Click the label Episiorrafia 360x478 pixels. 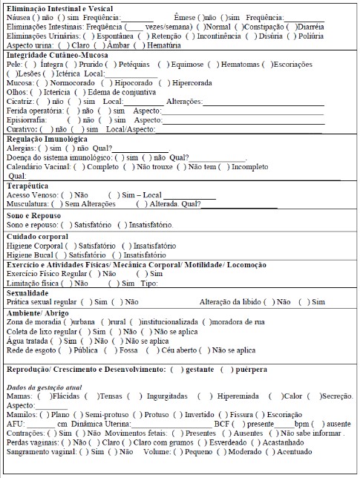click(x=27, y=119)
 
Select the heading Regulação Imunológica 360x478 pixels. click(x=47, y=138)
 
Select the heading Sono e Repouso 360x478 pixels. click(x=34, y=215)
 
